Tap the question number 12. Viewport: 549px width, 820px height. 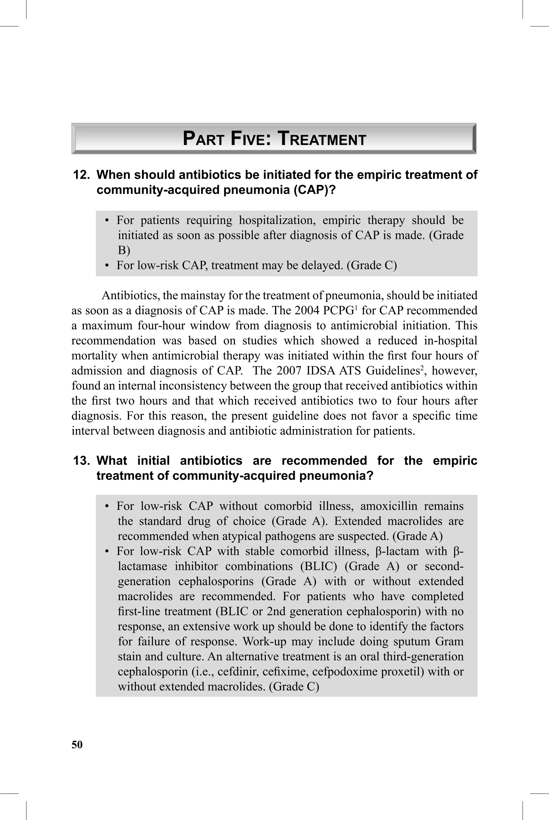81,175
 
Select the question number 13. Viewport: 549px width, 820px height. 81,460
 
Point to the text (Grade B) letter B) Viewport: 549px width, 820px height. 124,250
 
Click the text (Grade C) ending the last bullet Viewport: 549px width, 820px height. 294,687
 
